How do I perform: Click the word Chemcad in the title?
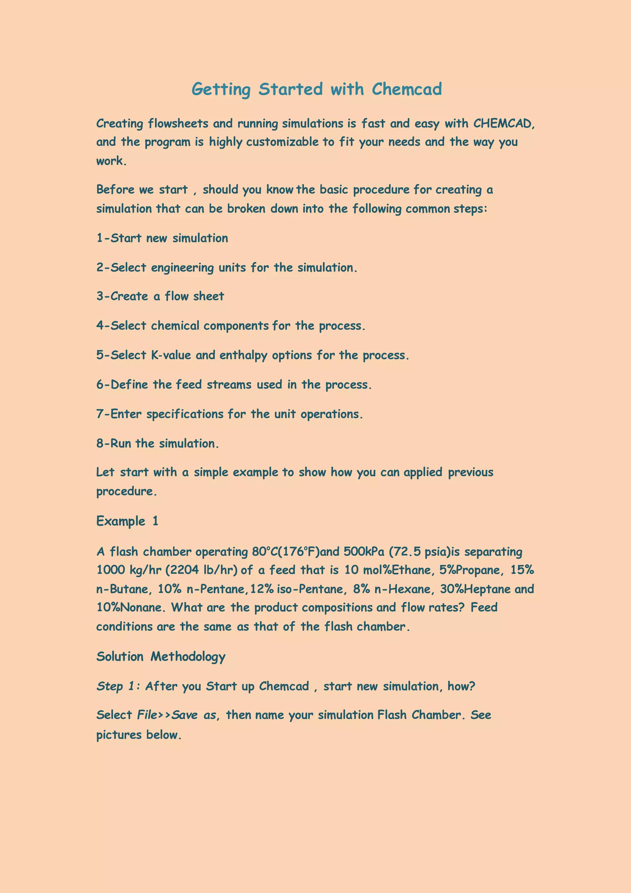click(406, 89)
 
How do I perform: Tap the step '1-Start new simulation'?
click(162, 238)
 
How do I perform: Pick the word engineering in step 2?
click(182, 268)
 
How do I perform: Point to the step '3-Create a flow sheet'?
click(160, 296)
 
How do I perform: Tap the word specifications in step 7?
click(185, 414)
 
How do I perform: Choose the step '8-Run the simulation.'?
click(157, 443)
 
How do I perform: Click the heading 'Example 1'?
click(127, 521)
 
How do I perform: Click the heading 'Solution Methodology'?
click(161, 657)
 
